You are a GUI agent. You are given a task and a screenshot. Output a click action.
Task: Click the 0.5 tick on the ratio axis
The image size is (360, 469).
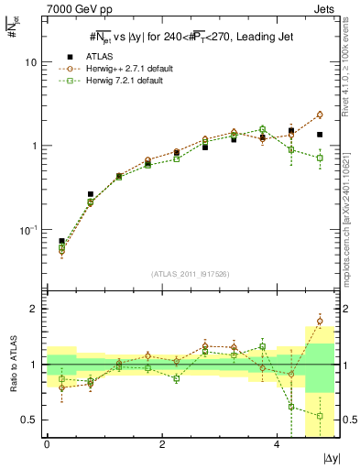click(29, 420)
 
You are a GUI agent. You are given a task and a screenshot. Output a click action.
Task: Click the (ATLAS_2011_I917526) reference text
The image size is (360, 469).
click(190, 274)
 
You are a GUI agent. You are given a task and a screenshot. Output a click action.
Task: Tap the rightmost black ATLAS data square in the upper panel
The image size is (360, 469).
click(320, 135)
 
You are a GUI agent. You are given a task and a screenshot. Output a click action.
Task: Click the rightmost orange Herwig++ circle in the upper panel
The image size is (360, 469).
click(320, 115)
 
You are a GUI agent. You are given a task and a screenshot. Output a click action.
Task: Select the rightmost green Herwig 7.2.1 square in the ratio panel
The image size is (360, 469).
click(320, 416)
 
